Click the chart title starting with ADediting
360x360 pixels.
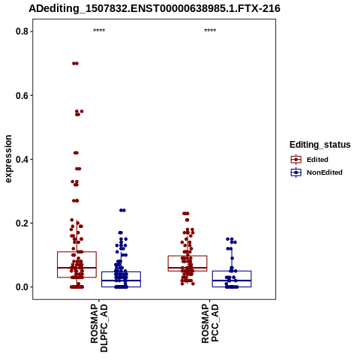coord(154,8)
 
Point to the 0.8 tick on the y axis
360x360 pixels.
coord(22,31)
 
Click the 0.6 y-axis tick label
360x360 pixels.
coord(22,95)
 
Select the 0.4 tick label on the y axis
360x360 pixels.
coord(22,159)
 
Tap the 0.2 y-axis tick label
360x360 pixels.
coord(22,223)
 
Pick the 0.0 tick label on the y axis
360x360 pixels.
coord(22,287)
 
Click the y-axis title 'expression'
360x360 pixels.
coord(8,159)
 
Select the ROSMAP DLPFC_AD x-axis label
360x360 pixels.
coord(99,328)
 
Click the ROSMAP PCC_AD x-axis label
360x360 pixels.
coord(210,322)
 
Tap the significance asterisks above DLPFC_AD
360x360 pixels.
coord(99,31)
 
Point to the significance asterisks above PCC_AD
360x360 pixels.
coord(210,31)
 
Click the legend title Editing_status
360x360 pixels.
coord(320,145)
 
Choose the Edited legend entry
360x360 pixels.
coord(310,160)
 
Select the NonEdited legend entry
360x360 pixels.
coord(316,172)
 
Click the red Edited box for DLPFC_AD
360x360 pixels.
coord(76,265)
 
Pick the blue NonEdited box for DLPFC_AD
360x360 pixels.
coord(121,279)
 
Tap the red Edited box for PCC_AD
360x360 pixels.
coord(187,263)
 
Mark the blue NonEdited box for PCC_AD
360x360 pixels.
coord(232,279)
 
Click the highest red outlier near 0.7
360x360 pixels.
coord(75,64)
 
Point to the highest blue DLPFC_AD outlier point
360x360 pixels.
coord(122,211)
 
